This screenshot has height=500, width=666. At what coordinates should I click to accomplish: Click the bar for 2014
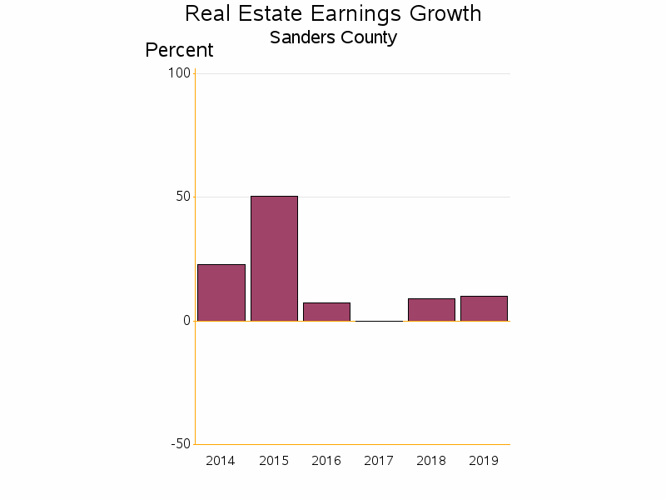tap(221, 292)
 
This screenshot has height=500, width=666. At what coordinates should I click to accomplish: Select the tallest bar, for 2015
tap(274, 258)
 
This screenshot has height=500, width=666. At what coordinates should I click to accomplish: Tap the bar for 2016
tap(326, 312)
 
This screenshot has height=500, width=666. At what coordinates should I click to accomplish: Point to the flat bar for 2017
tap(379, 321)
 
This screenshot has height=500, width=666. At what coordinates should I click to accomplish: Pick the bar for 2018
tap(431, 310)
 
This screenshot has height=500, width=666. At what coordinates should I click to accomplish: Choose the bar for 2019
tap(484, 308)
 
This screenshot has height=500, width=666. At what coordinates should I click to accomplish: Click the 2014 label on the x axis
tap(221, 461)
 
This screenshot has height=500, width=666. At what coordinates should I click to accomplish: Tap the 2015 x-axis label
tap(274, 461)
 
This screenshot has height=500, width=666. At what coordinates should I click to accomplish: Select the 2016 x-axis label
tap(326, 461)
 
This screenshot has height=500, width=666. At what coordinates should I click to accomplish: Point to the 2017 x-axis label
tap(379, 461)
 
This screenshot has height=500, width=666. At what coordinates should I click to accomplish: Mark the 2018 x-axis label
tap(431, 461)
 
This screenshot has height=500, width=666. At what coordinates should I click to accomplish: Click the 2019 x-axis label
tap(484, 461)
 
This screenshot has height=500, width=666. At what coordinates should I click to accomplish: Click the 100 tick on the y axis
tap(179, 73)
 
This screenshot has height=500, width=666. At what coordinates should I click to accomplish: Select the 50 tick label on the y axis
tap(182, 197)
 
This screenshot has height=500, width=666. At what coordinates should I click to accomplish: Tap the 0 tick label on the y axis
tap(186, 321)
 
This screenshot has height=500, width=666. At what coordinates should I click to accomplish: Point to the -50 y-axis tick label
tap(181, 444)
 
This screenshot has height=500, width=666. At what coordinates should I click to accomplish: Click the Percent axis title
tap(179, 50)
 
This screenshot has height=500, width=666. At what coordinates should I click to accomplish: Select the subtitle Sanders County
tap(333, 37)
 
